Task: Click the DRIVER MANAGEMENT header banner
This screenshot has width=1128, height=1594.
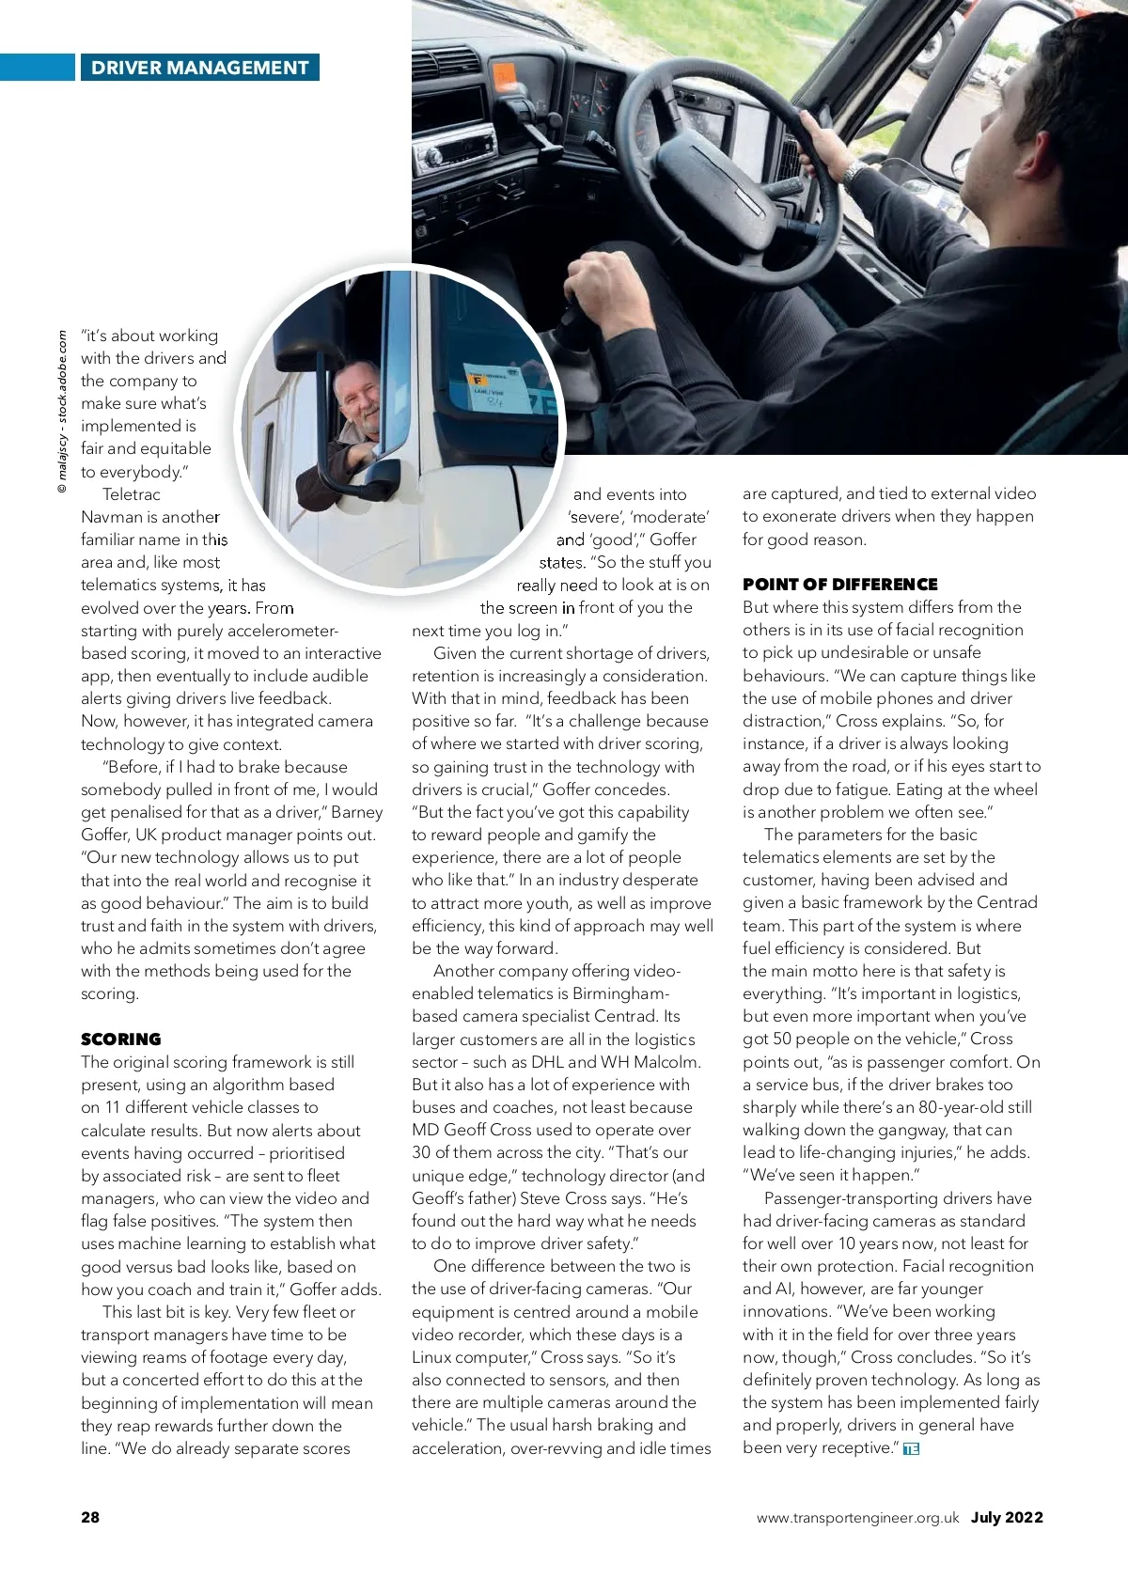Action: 199,68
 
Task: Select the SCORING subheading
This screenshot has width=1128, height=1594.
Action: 121,1039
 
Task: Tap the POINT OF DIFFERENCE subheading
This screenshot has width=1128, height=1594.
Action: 839,584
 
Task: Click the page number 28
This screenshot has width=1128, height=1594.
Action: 90,1517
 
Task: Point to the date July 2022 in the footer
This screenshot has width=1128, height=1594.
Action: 1007,1517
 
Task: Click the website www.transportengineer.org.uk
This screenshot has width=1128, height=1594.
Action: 857,1517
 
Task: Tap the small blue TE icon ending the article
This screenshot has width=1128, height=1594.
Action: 910,1448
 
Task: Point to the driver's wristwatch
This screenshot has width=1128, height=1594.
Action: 853,174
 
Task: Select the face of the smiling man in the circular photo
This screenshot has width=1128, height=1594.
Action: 358,400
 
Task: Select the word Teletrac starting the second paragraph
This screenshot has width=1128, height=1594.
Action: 132,494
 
